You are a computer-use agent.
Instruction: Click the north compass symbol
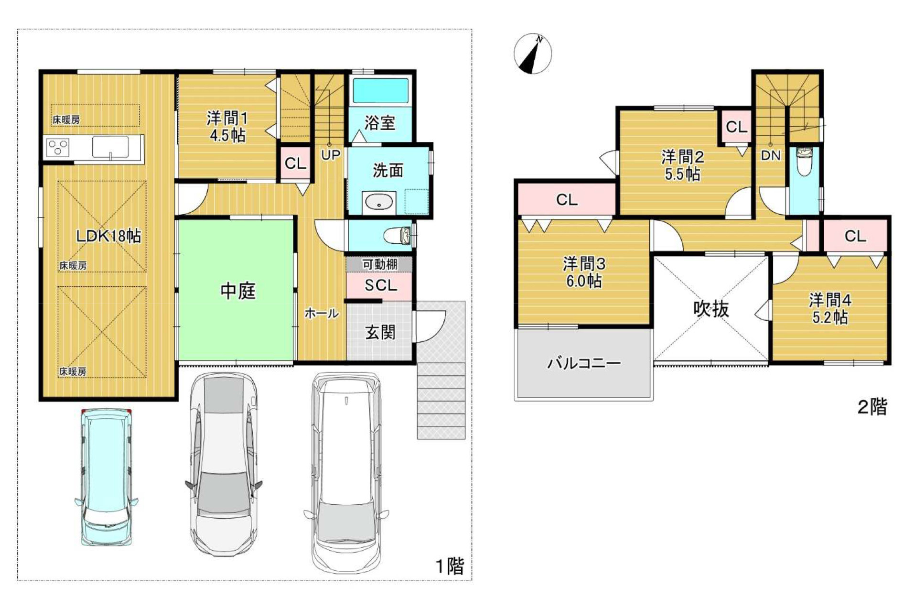pyautogui.click(x=532, y=54)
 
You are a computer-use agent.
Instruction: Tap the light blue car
pyautogui.click(x=106, y=477)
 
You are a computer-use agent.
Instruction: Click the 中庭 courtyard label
pyautogui.click(x=237, y=290)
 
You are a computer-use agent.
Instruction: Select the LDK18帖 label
pyautogui.click(x=108, y=236)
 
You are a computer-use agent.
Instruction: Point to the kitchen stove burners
pyautogui.click(x=58, y=147)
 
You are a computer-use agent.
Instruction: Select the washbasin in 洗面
pyautogui.click(x=379, y=203)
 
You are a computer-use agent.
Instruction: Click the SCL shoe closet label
pyautogui.click(x=380, y=285)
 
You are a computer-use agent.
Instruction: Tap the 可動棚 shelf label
pyautogui.click(x=379, y=264)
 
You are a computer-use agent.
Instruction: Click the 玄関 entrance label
pyautogui.click(x=380, y=332)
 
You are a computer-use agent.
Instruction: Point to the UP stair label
pyautogui.click(x=330, y=155)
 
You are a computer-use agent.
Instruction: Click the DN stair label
pyautogui.click(x=770, y=155)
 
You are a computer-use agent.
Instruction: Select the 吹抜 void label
pyautogui.click(x=711, y=309)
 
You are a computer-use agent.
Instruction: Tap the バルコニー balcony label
pyautogui.click(x=584, y=363)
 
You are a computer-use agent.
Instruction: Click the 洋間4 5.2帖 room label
pyautogui.click(x=830, y=309)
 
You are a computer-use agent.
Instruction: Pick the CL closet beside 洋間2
pyautogui.click(x=736, y=127)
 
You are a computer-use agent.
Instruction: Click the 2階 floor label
pyautogui.click(x=872, y=406)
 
